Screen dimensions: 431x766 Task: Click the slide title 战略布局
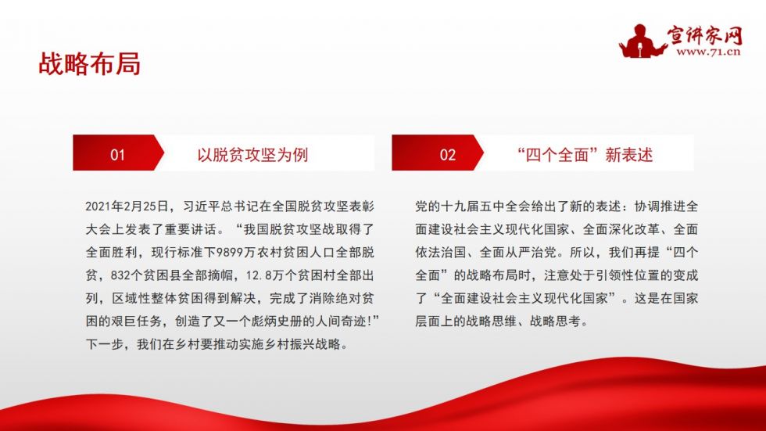[x=89, y=64]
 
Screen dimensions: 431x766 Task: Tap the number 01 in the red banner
[x=117, y=155]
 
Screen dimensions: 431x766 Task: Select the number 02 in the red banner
[x=447, y=155]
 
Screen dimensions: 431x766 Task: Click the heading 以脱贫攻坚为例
[x=252, y=155]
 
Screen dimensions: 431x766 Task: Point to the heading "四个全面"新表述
[x=585, y=155]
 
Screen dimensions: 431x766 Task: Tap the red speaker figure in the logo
[x=641, y=41]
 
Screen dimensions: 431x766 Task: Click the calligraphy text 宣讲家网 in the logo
[x=705, y=34]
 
